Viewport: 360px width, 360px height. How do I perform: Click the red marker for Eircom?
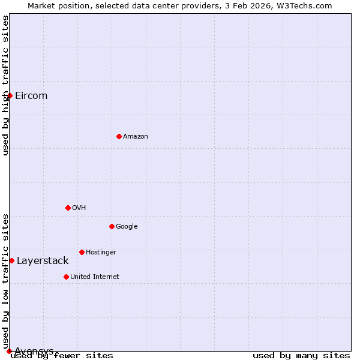[10, 95]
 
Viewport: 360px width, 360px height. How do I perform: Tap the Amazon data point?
[119, 136]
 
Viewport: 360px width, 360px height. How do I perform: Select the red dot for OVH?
[68, 208]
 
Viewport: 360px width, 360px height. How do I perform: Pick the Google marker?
[112, 226]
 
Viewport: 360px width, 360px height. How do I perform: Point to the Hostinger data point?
[82, 252]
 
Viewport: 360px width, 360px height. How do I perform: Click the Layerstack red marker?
[11, 260]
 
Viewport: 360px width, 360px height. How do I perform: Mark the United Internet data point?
[66, 277]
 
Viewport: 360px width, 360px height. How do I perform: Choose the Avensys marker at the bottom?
[9, 351]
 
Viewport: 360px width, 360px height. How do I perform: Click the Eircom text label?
[31, 96]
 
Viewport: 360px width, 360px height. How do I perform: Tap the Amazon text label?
[136, 137]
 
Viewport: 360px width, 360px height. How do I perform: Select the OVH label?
[79, 208]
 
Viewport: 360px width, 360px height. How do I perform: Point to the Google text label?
[127, 227]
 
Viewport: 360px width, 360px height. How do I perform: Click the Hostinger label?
[101, 253]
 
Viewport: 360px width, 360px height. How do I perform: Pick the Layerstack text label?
[43, 261]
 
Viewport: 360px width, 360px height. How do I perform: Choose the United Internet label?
[95, 277]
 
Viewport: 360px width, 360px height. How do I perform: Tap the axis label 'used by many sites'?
[301, 355]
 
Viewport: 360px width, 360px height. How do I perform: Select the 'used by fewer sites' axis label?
[62, 355]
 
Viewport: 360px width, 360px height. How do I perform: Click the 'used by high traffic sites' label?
[5, 85]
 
